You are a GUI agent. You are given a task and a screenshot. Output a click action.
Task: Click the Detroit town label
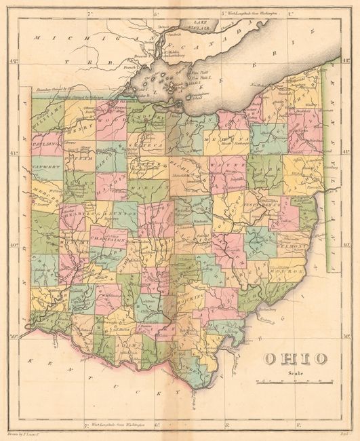tap(163, 28)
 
